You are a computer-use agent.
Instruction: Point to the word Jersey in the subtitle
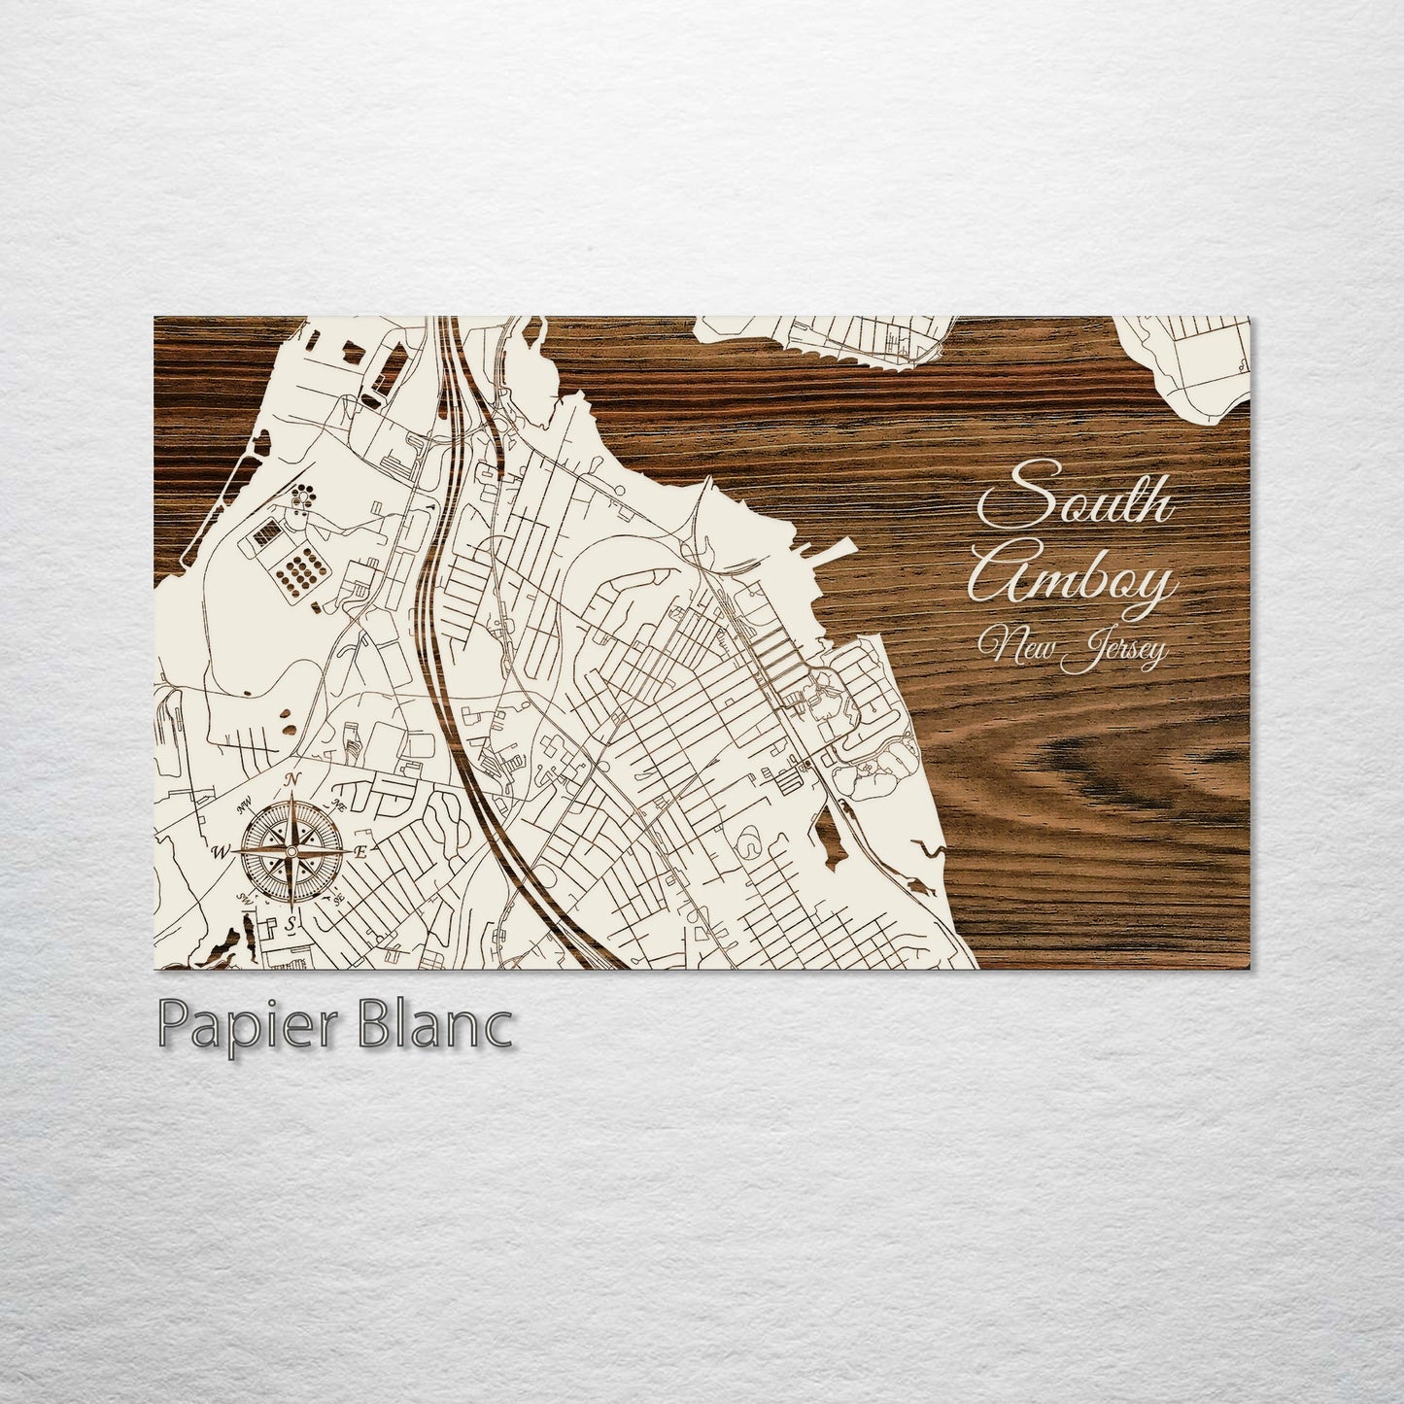(1115, 653)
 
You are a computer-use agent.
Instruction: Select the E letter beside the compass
(360, 852)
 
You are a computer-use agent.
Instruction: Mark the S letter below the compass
(291, 920)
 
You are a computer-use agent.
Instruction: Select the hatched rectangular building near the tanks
(265, 531)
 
